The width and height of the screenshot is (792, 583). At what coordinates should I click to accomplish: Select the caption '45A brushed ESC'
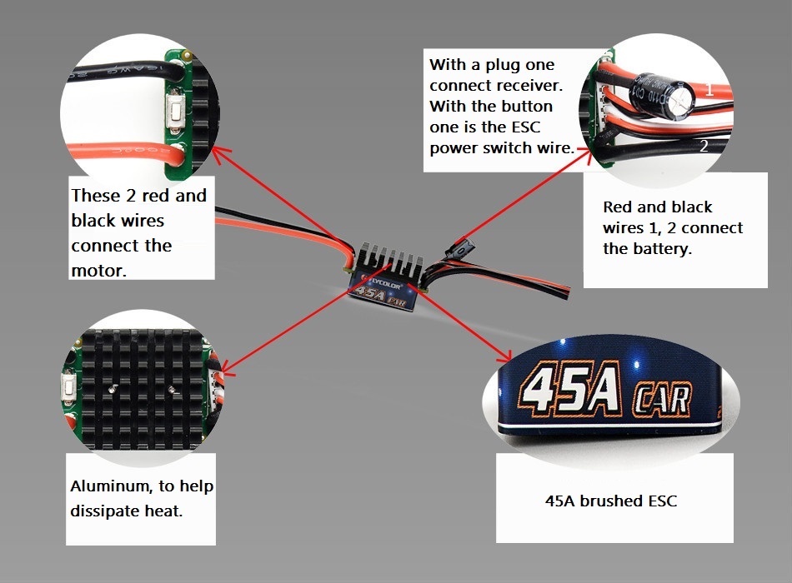click(611, 501)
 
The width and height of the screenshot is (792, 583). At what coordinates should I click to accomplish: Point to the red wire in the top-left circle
click(117, 153)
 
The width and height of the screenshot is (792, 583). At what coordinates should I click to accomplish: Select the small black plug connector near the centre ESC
click(459, 247)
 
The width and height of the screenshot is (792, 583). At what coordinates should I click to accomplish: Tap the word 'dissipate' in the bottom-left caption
click(105, 510)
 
